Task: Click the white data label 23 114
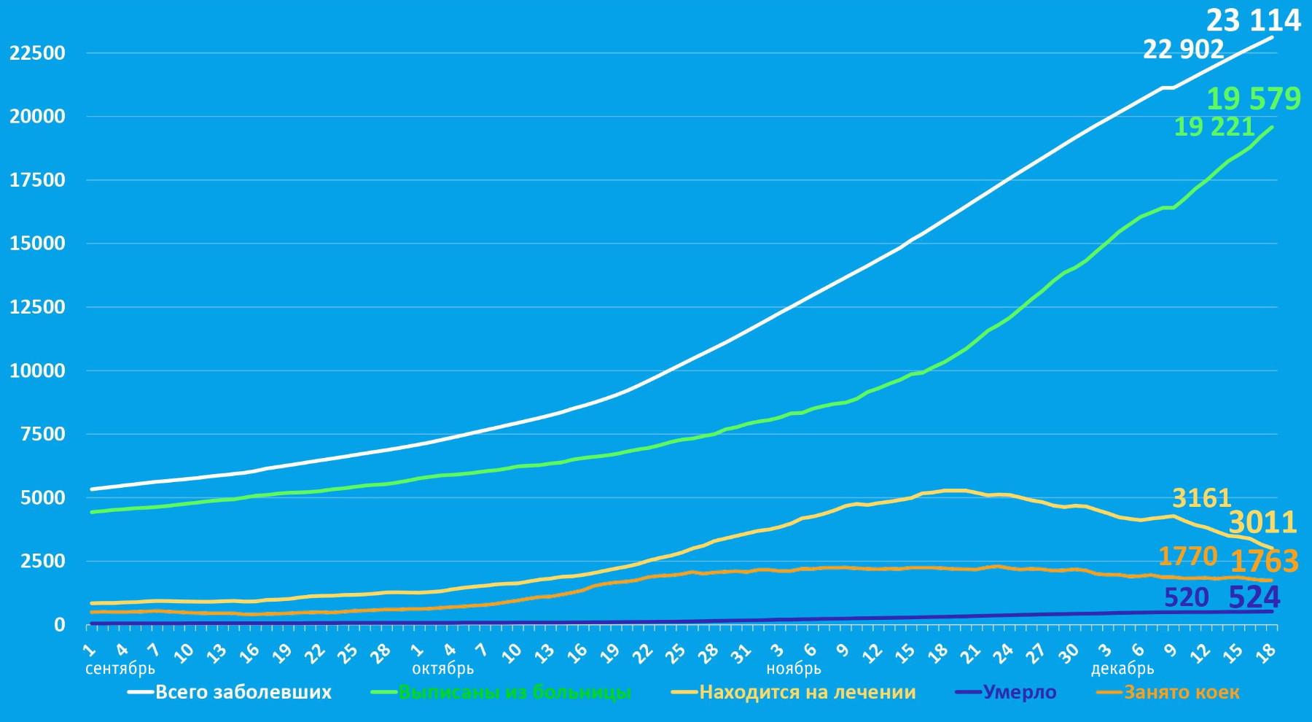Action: click(x=1253, y=20)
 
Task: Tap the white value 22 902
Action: click(x=1183, y=50)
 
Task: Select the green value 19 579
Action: click(x=1254, y=98)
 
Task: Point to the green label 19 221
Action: click(x=1214, y=127)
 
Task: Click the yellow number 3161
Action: click(x=1201, y=499)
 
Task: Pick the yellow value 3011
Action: click(x=1262, y=523)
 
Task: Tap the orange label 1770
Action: click(x=1188, y=556)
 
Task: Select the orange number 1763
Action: click(x=1265, y=562)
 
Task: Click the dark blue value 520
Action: click(x=1187, y=598)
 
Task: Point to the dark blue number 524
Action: click(x=1254, y=598)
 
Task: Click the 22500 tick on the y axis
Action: click(x=37, y=53)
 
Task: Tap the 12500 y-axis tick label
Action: click(x=37, y=307)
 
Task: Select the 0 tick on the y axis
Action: click(x=58, y=625)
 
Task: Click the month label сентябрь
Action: click(x=120, y=668)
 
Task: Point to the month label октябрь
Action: click(x=442, y=668)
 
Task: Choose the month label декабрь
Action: click(x=1122, y=668)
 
